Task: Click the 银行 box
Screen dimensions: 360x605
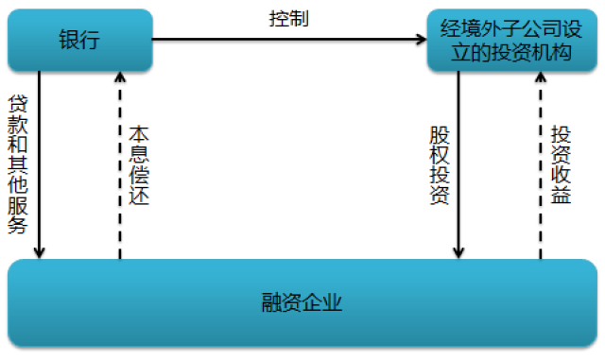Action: click(x=79, y=41)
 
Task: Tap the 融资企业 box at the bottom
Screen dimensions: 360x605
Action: click(x=302, y=303)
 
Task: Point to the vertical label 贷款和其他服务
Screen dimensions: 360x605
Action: click(x=17, y=163)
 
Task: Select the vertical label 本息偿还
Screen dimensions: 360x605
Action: click(x=140, y=163)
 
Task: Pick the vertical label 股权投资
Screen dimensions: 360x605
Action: click(x=438, y=163)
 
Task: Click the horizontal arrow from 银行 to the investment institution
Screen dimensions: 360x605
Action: click(x=284, y=41)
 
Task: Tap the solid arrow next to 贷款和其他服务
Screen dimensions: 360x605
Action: click(x=39, y=161)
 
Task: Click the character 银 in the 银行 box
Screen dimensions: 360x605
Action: click(x=67, y=41)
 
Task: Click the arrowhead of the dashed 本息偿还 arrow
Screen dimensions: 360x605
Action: click(x=119, y=78)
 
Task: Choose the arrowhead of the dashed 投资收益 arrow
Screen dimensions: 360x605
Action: click(x=540, y=78)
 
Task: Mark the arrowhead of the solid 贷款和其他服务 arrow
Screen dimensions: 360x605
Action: click(x=39, y=251)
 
